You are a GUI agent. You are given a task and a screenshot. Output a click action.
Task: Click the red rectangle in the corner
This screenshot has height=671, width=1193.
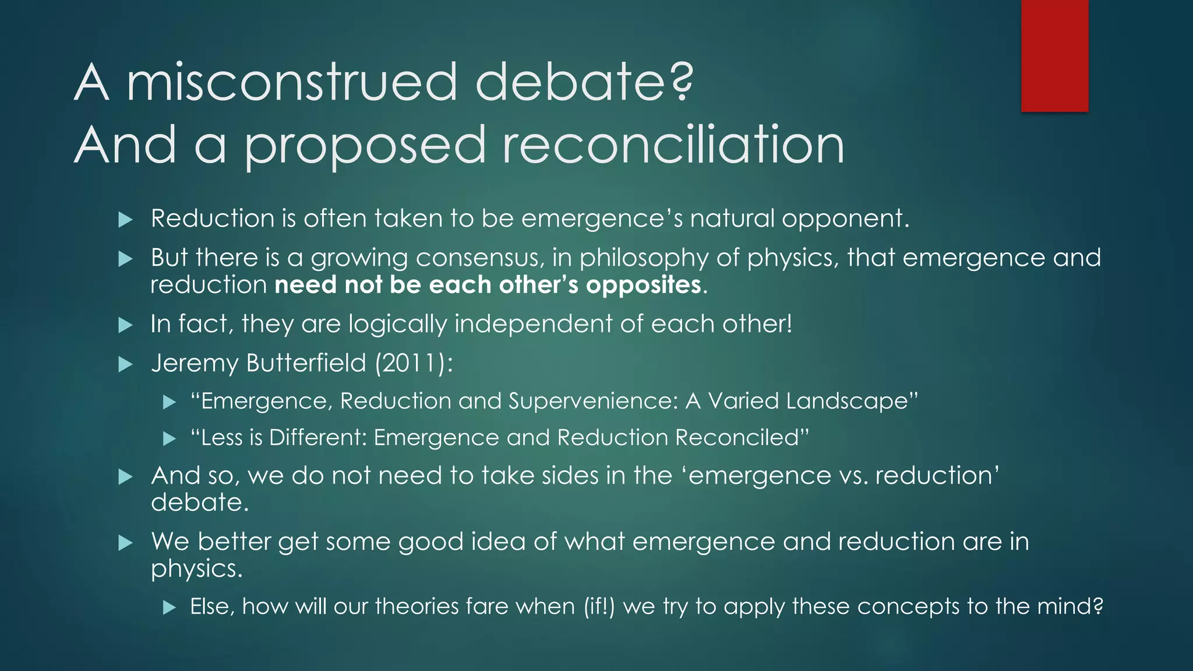pyautogui.click(x=1054, y=56)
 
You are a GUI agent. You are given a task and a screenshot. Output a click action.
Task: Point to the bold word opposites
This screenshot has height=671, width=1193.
pyautogui.click(x=643, y=285)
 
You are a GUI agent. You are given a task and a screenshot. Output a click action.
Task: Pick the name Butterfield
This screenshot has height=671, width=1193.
pyautogui.click(x=306, y=363)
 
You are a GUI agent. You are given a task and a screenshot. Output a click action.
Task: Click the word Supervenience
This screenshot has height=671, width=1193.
pyautogui.click(x=592, y=401)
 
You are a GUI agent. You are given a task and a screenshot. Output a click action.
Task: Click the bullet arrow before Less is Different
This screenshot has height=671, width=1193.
pyautogui.click(x=169, y=438)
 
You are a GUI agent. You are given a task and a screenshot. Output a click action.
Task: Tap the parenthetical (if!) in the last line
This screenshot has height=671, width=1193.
pyautogui.click(x=599, y=606)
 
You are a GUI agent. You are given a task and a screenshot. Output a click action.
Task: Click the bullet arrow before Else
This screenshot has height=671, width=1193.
pyautogui.click(x=169, y=608)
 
